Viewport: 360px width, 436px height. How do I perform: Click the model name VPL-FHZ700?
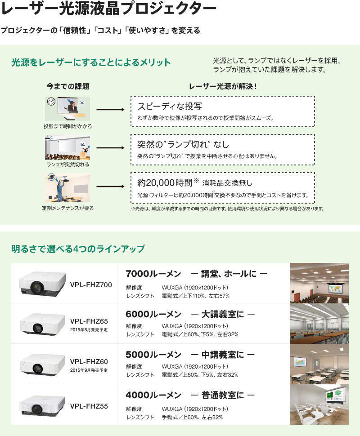coord(91,284)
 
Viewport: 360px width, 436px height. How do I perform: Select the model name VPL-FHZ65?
coord(89,321)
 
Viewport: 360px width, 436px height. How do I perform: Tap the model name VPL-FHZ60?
coord(89,361)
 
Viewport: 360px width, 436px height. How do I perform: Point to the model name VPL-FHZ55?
coord(89,406)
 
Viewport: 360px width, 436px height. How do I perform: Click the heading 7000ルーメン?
coord(153,273)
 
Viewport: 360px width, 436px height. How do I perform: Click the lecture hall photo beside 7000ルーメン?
coord(319,283)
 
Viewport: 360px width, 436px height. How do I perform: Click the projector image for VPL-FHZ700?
coord(40,283)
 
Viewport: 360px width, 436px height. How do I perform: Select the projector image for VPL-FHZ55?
coord(40,405)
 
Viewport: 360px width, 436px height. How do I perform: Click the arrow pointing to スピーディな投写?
coord(110,109)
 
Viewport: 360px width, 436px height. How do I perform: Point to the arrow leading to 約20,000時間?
coord(110,186)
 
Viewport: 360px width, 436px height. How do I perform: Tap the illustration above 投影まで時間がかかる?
coord(67,108)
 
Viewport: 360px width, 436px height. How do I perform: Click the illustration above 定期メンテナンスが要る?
coord(67,188)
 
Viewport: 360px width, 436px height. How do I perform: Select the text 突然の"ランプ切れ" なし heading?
coord(183,144)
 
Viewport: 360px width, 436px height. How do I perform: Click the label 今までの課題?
coord(68,86)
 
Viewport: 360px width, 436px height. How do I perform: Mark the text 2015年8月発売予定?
coord(89,329)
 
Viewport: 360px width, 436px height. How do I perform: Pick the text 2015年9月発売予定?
coord(89,370)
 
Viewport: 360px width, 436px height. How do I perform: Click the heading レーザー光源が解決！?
coord(222,86)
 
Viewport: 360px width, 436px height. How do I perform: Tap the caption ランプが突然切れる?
coord(67,165)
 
